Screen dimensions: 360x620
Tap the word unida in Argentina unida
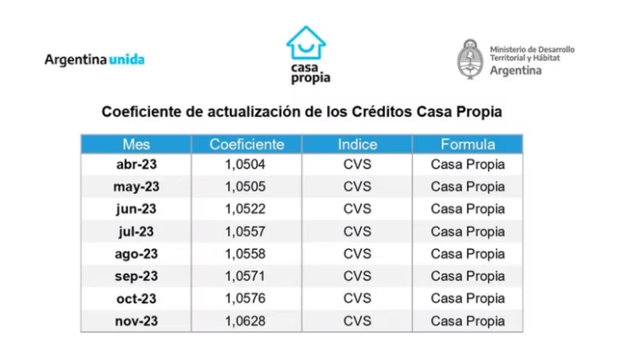(x=127, y=59)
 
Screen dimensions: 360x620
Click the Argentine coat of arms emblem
(x=469, y=59)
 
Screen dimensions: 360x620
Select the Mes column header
(x=136, y=144)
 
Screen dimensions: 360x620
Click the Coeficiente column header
(x=246, y=144)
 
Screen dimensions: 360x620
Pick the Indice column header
(x=357, y=144)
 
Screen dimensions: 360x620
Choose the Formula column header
(x=468, y=144)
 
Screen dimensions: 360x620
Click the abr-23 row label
(x=136, y=164)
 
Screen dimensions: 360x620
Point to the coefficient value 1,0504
(x=245, y=164)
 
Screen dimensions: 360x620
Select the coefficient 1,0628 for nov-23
(x=245, y=321)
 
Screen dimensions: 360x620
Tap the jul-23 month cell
(x=136, y=231)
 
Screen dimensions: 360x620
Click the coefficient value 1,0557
(x=245, y=231)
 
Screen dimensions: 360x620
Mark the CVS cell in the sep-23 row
(x=357, y=276)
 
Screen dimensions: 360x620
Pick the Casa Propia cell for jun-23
(x=468, y=209)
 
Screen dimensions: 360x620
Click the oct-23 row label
(x=136, y=299)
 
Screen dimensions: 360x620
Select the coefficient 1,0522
(x=245, y=209)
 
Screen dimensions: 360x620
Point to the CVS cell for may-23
(x=357, y=186)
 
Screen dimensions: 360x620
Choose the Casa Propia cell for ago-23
(x=468, y=254)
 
